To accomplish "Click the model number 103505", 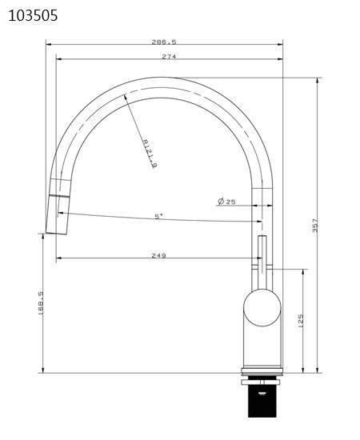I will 33,15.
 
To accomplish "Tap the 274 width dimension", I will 169,57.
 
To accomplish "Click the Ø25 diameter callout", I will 226,202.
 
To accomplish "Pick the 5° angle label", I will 158,216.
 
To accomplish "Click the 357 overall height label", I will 314,226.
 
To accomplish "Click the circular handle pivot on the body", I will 262,308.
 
